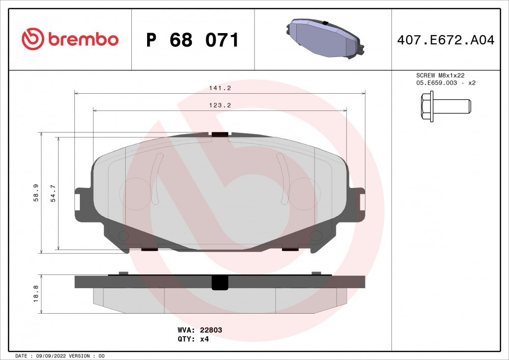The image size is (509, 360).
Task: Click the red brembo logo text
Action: (83, 39)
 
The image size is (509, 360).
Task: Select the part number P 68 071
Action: (192, 40)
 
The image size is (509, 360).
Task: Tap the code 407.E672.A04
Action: (446, 40)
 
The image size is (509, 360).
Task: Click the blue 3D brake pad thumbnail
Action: (325, 38)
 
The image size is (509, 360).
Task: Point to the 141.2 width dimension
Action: (220, 88)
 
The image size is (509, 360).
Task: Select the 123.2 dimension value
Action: (220, 105)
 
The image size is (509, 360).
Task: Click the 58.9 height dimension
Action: (36, 193)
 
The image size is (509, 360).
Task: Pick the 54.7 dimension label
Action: (53, 193)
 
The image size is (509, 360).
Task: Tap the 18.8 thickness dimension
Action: (36, 294)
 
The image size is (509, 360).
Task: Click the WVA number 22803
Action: (211, 330)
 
